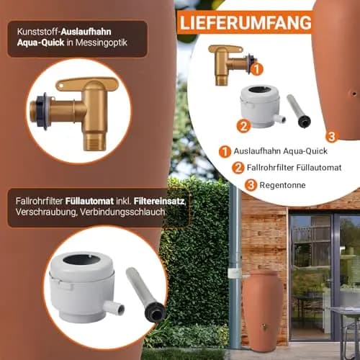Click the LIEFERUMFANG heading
point(246,22)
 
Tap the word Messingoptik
point(101,42)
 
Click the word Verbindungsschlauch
point(122,212)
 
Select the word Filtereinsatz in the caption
point(160,201)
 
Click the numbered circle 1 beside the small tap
point(257,69)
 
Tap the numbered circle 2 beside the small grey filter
point(243,126)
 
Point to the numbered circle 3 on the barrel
point(332,137)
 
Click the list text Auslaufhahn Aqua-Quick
point(281,151)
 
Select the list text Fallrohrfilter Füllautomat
point(294,167)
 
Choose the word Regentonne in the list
point(282,185)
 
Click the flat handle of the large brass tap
point(87,84)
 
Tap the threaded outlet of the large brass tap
point(95,143)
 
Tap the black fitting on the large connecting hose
point(156,312)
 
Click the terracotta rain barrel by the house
point(263,309)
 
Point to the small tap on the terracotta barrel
point(264,326)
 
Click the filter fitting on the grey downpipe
point(235,274)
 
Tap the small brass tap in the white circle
point(231,63)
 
